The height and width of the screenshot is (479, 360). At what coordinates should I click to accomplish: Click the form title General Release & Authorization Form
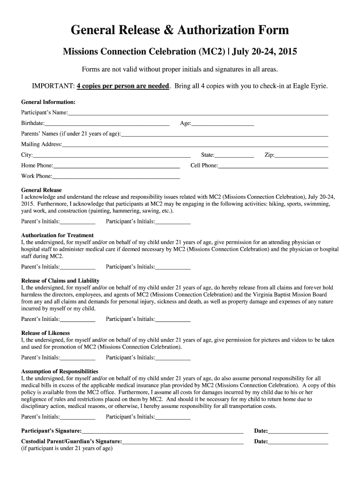coord(180,31)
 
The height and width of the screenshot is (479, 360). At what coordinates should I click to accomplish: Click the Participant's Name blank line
coord(198,114)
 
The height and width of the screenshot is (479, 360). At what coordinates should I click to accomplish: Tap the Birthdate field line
coord(107,124)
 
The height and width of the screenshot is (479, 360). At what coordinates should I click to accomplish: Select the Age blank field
coord(223,124)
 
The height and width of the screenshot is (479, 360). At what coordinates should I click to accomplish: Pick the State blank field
coord(235,156)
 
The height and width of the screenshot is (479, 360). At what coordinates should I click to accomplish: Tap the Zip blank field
coord(302,156)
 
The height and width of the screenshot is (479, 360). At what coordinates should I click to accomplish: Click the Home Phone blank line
coord(116,167)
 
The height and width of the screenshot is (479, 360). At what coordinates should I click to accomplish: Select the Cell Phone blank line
coord(273,167)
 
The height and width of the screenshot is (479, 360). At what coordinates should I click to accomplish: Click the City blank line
coord(112,156)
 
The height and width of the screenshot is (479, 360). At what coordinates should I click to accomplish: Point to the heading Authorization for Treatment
coord(58,235)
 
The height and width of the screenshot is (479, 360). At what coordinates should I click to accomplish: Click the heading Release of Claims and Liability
coord(60,281)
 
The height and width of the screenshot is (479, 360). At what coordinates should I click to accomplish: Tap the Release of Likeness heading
coord(45,333)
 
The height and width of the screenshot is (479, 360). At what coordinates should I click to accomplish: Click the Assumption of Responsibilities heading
coord(60,371)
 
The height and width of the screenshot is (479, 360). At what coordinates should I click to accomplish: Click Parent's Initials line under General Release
coord(78,223)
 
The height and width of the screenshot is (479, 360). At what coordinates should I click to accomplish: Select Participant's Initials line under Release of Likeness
coord(173,358)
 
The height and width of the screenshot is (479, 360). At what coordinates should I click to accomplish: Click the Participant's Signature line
coord(163,432)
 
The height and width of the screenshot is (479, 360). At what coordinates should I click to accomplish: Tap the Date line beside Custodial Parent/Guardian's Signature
coord(298,443)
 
